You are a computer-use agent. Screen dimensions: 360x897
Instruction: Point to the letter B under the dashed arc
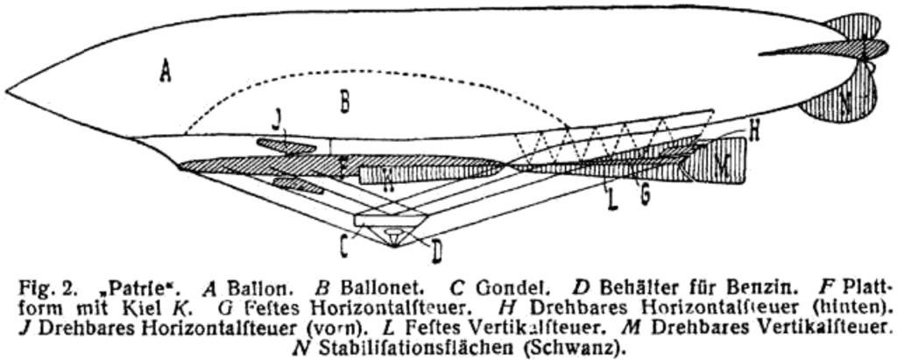[345, 102]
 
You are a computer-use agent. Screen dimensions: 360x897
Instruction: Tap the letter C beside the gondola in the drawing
[345, 246]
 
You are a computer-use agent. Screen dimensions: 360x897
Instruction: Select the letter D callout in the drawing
[435, 252]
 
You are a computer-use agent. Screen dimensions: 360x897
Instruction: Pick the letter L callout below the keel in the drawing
[613, 201]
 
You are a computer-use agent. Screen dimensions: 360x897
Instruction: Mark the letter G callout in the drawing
[645, 194]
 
